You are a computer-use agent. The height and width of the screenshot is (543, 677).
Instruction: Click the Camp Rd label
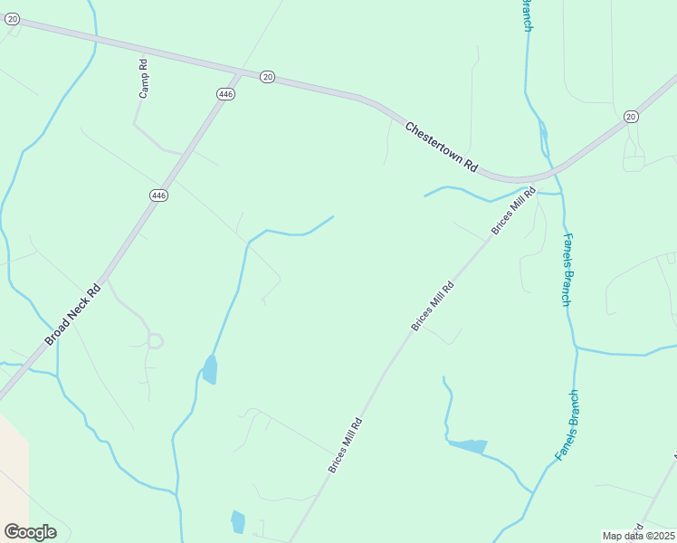click(x=143, y=79)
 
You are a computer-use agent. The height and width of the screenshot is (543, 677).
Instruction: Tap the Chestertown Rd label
click(x=441, y=148)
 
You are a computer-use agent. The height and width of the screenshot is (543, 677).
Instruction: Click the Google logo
click(x=30, y=532)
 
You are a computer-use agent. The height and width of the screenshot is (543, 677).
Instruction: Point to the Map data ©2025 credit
click(x=638, y=536)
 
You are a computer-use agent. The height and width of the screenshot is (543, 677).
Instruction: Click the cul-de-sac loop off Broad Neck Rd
click(x=155, y=340)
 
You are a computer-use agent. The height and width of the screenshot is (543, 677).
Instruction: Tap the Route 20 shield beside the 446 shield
click(x=267, y=77)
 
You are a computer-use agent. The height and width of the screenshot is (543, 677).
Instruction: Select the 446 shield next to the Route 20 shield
click(x=226, y=93)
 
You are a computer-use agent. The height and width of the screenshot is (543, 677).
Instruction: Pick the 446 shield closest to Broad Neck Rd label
click(x=159, y=195)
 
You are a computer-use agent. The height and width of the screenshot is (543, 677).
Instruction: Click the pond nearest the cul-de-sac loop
click(x=209, y=369)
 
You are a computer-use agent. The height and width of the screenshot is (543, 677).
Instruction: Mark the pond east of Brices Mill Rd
click(x=469, y=445)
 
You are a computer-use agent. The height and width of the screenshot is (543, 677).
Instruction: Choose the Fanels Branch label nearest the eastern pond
click(x=567, y=425)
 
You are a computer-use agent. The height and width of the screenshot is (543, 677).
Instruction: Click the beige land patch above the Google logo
click(x=12, y=471)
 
